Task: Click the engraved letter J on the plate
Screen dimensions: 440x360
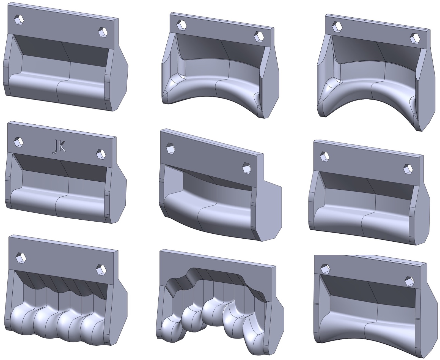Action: (x=54, y=148)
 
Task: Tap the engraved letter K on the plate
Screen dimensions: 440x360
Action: (x=62, y=147)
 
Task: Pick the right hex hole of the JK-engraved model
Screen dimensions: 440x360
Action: (x=101, y=154)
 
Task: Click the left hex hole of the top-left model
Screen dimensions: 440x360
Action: (x=19, y=20)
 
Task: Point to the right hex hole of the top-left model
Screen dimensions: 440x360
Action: (x=103, y=32)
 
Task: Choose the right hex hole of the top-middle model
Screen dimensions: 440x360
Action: (x=259, y=37)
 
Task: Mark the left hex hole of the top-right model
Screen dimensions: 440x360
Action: (x=337, y=27)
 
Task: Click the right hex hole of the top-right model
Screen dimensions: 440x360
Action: (x=415, y=39)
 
